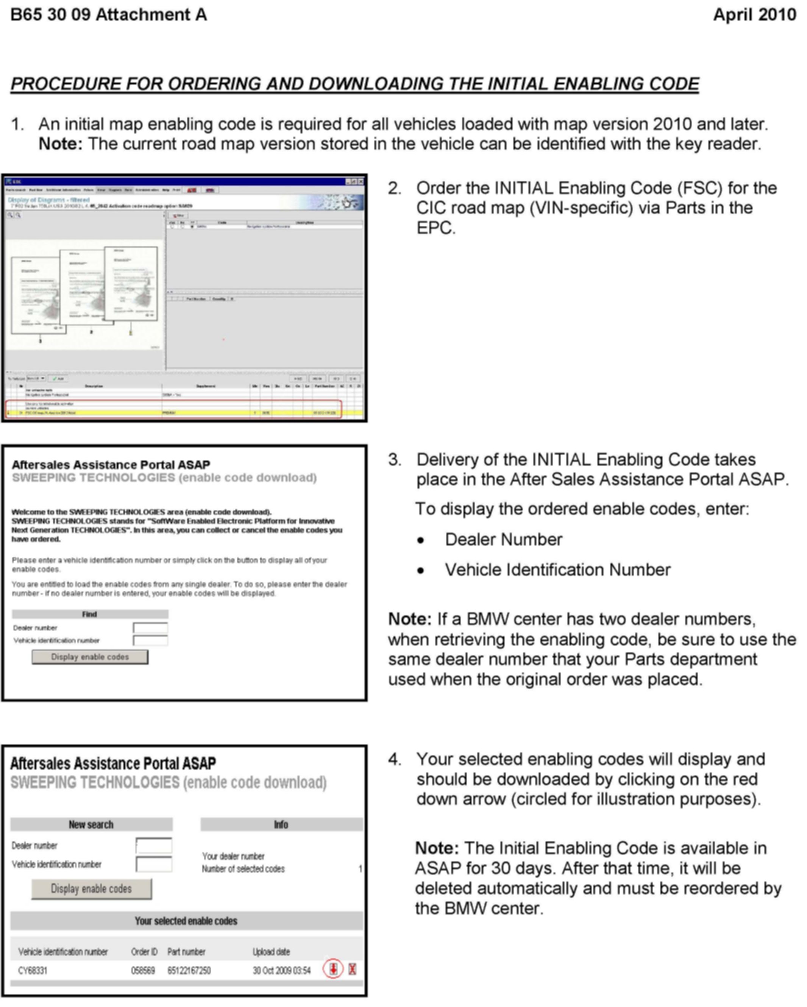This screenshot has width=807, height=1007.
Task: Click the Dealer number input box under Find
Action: click(x=150, y=628)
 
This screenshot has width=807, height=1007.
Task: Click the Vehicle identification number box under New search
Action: click(x=154, y=864)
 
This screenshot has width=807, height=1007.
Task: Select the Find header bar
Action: click(x=90, y=614)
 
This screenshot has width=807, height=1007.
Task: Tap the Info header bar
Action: click(x=281, y=824)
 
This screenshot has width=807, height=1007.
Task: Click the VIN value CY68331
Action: click(x=33, y=971)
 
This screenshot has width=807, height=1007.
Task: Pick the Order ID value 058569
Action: click(x=143, y=971)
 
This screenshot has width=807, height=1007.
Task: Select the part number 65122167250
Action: click(x=189, y=971)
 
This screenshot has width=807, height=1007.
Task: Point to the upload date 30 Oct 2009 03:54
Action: click(x=282, y=971)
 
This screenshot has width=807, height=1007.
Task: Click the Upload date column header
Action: click(x=271, y=951)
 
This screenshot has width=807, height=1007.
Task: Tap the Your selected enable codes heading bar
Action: click(x=186, y=921)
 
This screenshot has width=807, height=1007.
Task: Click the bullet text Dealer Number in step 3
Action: click(x=503, y=539)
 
